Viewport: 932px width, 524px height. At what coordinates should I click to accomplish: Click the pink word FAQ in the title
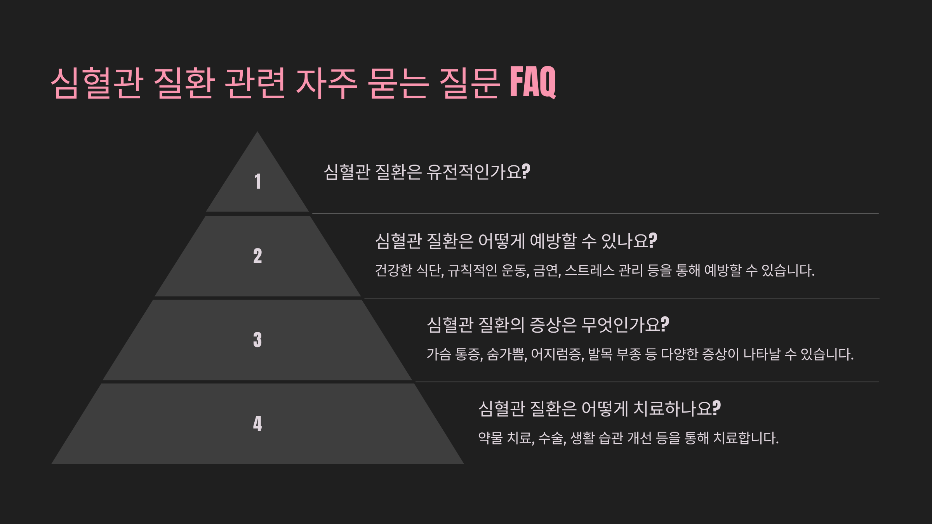pyautogui.click(x=533, y=82)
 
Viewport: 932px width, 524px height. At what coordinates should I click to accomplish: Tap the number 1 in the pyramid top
pyautogui.click(x=257, y=181)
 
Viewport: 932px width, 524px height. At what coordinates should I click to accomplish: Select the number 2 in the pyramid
pyautogui.click(x=257, y=256)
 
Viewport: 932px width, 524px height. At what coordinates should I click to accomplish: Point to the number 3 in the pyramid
pyautogui.click(x=257, y=340)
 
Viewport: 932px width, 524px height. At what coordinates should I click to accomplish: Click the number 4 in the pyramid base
pyautogui.click(x=257, y=423)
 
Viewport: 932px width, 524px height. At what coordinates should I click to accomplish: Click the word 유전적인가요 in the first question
pyautogui.click(x=473, y=172)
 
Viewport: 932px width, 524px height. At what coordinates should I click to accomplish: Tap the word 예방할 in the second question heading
pyautogui.click(x=553, y=241)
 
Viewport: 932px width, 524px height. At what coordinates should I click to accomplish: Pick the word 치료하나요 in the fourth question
pyautogui.click(x=672, y=409)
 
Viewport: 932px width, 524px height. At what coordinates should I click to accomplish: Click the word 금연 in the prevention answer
pyautogui.click(x=546, y=271)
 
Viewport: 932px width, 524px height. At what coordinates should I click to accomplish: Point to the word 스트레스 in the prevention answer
pyautogui.click(x=589, y=271)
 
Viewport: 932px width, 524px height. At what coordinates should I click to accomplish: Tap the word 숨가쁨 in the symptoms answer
pyautogui.click(x=506, y=354)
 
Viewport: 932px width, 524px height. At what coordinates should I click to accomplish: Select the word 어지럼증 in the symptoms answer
pyautogui.click(x=556, y=354)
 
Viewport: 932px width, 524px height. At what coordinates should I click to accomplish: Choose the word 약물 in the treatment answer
pyautogui.click(x=490, y=438)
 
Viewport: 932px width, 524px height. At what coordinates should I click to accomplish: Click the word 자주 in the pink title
pyautogui.click(x=326, y=83)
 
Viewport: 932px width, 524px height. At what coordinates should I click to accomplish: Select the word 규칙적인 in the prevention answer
pyautogui.click(x=472, y=271)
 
